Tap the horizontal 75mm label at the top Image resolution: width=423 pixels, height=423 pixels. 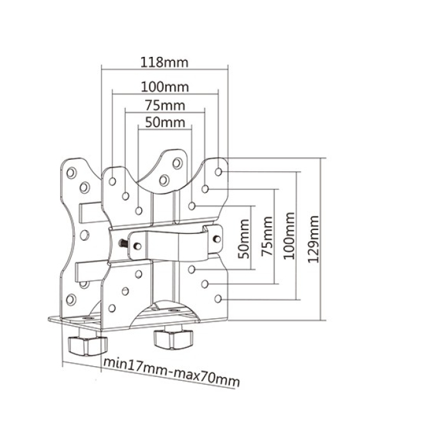point(165,105)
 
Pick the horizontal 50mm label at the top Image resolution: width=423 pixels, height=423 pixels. point(165,123)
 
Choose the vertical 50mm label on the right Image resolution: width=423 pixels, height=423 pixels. point(243,238)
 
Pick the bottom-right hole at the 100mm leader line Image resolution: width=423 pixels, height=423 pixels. point(219,298)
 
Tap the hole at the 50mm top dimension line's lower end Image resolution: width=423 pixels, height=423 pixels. point(139,210)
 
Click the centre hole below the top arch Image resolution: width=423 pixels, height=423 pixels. point(164,180)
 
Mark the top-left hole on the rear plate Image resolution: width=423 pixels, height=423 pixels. point(70,172)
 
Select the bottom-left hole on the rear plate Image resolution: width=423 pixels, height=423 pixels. point(70,298)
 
